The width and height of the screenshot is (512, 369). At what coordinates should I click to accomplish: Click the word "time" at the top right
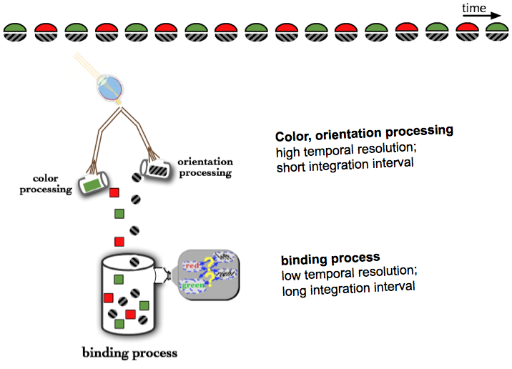(x=474, y=8)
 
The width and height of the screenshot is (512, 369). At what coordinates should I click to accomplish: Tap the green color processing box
(x=91, y=184)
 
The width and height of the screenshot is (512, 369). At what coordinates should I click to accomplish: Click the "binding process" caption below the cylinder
(x=129, y=352)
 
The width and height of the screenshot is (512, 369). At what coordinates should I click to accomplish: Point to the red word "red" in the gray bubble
(x=191, y=267)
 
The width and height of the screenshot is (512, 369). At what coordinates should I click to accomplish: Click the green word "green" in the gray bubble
(x=193, y=285)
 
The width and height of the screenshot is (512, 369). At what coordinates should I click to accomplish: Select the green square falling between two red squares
(x=119, y=213)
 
